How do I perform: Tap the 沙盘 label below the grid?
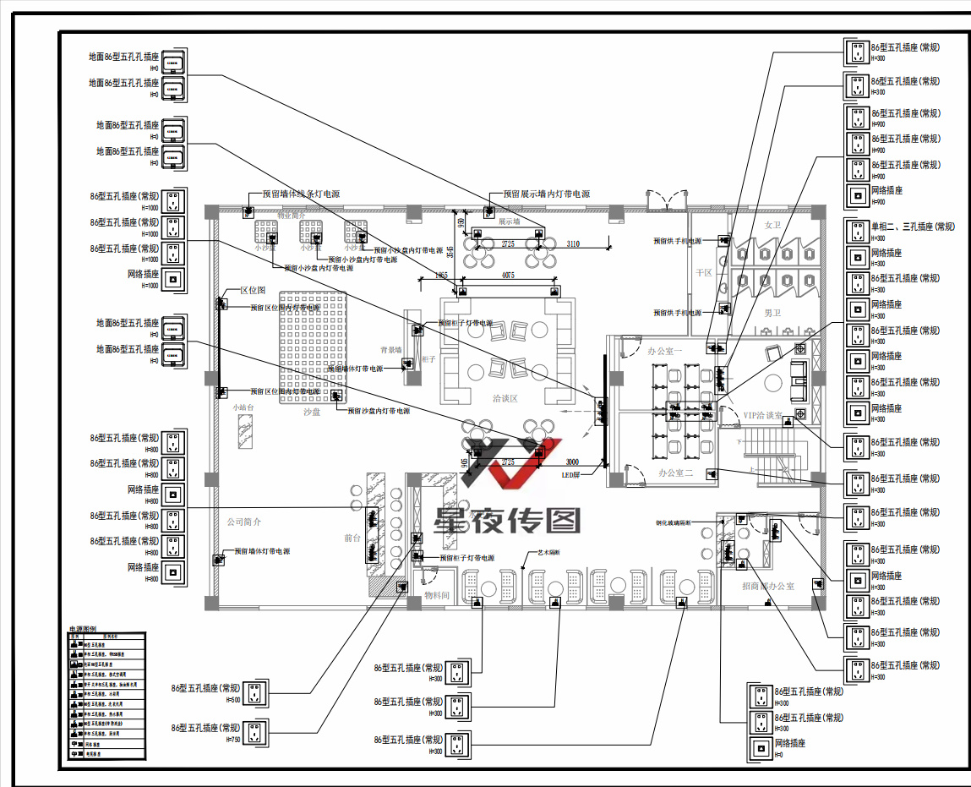(x=312, y=413)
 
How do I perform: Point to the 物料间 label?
(x=437, y=596)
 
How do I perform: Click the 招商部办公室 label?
(x=768, y=586)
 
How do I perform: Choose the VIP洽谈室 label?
(x=762, y=416)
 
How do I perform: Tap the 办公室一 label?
(x=664, y=350)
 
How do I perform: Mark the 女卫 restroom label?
(x=772, y=225)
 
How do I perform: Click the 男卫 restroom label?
(x=774, y=313)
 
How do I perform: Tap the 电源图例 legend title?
(x=85, y=630)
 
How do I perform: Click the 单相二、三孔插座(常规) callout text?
(x=913, y=227)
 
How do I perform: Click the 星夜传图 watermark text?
(x=508, y=521)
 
